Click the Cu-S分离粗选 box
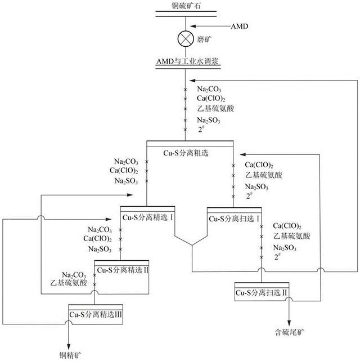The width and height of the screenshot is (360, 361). coord(190,151)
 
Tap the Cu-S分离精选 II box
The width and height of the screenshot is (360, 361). coord(122,270)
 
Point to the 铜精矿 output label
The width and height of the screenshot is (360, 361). coord(71,354)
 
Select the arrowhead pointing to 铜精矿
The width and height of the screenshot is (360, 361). coord(69,344)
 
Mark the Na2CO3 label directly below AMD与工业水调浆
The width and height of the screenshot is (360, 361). coord(208,89)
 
